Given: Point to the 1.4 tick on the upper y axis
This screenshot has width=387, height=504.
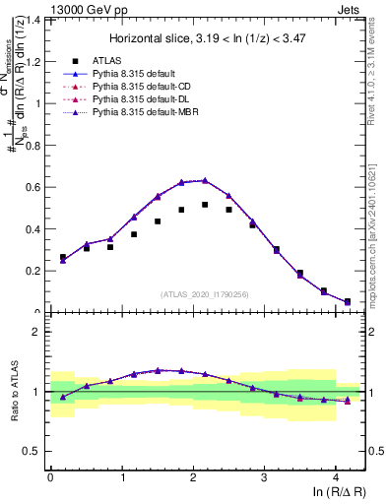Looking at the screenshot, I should pyautogui.click(x=32, y=20).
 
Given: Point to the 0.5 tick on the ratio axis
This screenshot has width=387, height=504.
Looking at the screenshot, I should pyautogui.click(x=32, y=452).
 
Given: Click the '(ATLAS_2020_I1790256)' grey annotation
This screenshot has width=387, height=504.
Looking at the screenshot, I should pyautogui.click(x=205, y=294).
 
